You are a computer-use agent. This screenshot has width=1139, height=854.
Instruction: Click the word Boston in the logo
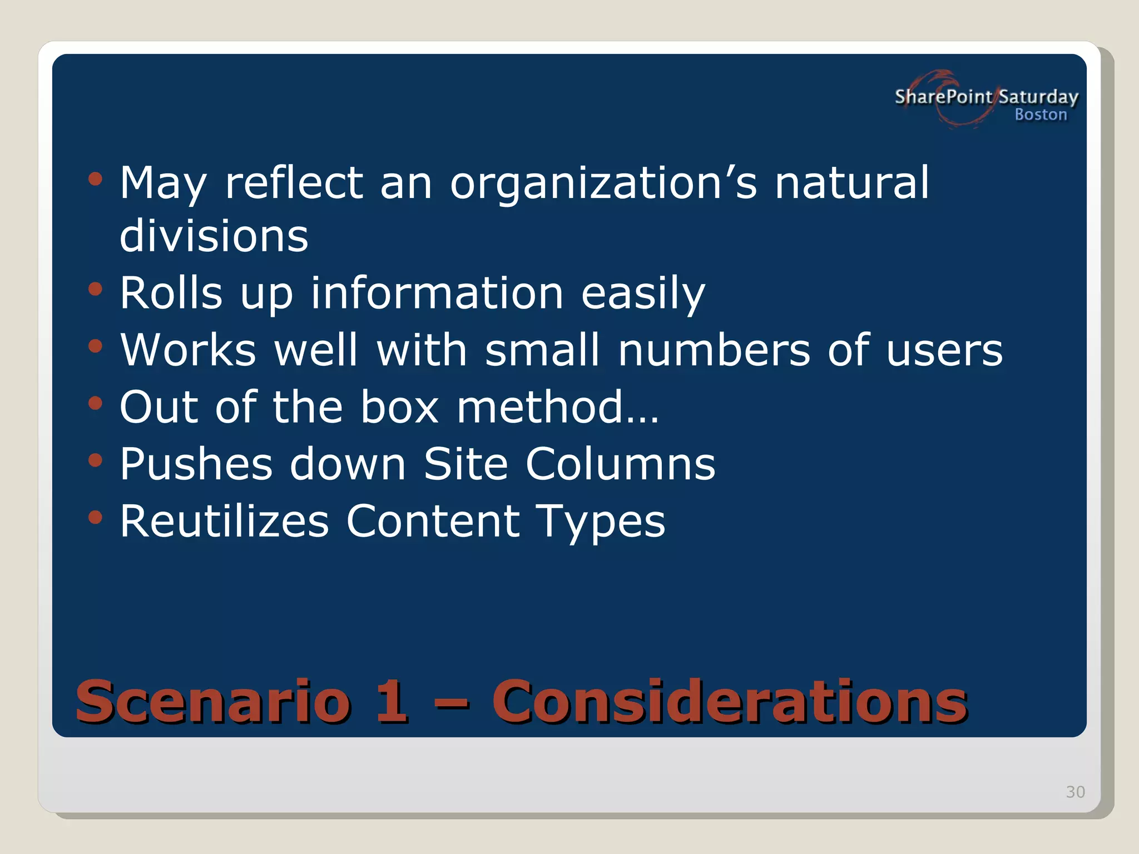(1041, 115)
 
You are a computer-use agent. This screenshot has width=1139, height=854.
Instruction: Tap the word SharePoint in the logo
(943, 97)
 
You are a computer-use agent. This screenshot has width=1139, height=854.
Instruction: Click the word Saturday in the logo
(1038, 97)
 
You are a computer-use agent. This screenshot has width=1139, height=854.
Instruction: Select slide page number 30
(1075, 792)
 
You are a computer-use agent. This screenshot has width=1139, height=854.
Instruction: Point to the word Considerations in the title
(730, 701)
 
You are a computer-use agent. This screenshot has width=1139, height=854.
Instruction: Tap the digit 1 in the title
(392, 701)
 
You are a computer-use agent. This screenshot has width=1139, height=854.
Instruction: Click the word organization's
(603, 183)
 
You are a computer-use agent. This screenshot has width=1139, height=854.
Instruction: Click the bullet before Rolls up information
(96, 289)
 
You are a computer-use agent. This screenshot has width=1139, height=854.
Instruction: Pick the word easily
(643, 294)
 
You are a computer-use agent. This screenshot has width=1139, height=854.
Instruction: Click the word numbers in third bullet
(714, 350)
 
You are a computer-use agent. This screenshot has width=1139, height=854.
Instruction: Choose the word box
(399, 407)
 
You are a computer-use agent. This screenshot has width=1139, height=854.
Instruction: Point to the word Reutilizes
(224, 521)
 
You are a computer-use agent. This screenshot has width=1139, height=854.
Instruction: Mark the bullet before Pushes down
(96, 460)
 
